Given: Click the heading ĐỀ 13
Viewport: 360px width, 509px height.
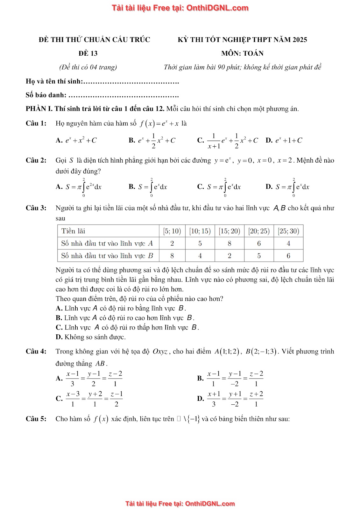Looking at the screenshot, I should [x=88, y=53].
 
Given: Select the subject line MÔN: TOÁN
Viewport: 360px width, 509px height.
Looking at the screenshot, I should [x=242, y=53].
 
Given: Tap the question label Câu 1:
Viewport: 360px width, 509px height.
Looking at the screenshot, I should [x=36, y=123].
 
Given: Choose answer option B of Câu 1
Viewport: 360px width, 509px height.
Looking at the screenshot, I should [x=152, y=141].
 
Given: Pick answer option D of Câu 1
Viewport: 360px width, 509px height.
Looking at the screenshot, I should [x=284, y=140].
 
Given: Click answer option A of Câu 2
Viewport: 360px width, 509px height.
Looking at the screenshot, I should [x=79, y=187].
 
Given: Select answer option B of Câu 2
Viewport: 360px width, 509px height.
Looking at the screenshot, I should [x=148, y=187].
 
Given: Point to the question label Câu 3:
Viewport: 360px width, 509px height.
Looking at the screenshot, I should [x=36, y=208].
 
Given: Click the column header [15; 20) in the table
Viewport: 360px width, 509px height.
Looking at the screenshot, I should [x=229, y=231].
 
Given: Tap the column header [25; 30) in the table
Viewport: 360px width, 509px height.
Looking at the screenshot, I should [x=288, y=231].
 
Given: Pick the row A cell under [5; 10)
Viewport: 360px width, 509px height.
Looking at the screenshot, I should [x=172, y=243].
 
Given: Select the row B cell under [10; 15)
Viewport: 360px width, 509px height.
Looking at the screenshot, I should [x=200, y=256].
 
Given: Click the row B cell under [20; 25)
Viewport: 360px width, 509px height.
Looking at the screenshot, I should [x=259, y=256].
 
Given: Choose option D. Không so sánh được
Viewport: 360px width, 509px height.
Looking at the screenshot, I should [x=91, y=337].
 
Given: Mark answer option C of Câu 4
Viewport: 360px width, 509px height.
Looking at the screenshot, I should [x=89, y=399].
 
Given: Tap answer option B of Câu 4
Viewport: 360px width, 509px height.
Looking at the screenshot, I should [x=230, y=379].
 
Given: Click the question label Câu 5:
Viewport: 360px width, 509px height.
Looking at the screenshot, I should [x=36, y=419].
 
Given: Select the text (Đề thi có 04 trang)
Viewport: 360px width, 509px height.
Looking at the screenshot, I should [x=88, y=67].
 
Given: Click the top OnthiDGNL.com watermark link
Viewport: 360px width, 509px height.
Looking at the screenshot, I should [x=180, y=8].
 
